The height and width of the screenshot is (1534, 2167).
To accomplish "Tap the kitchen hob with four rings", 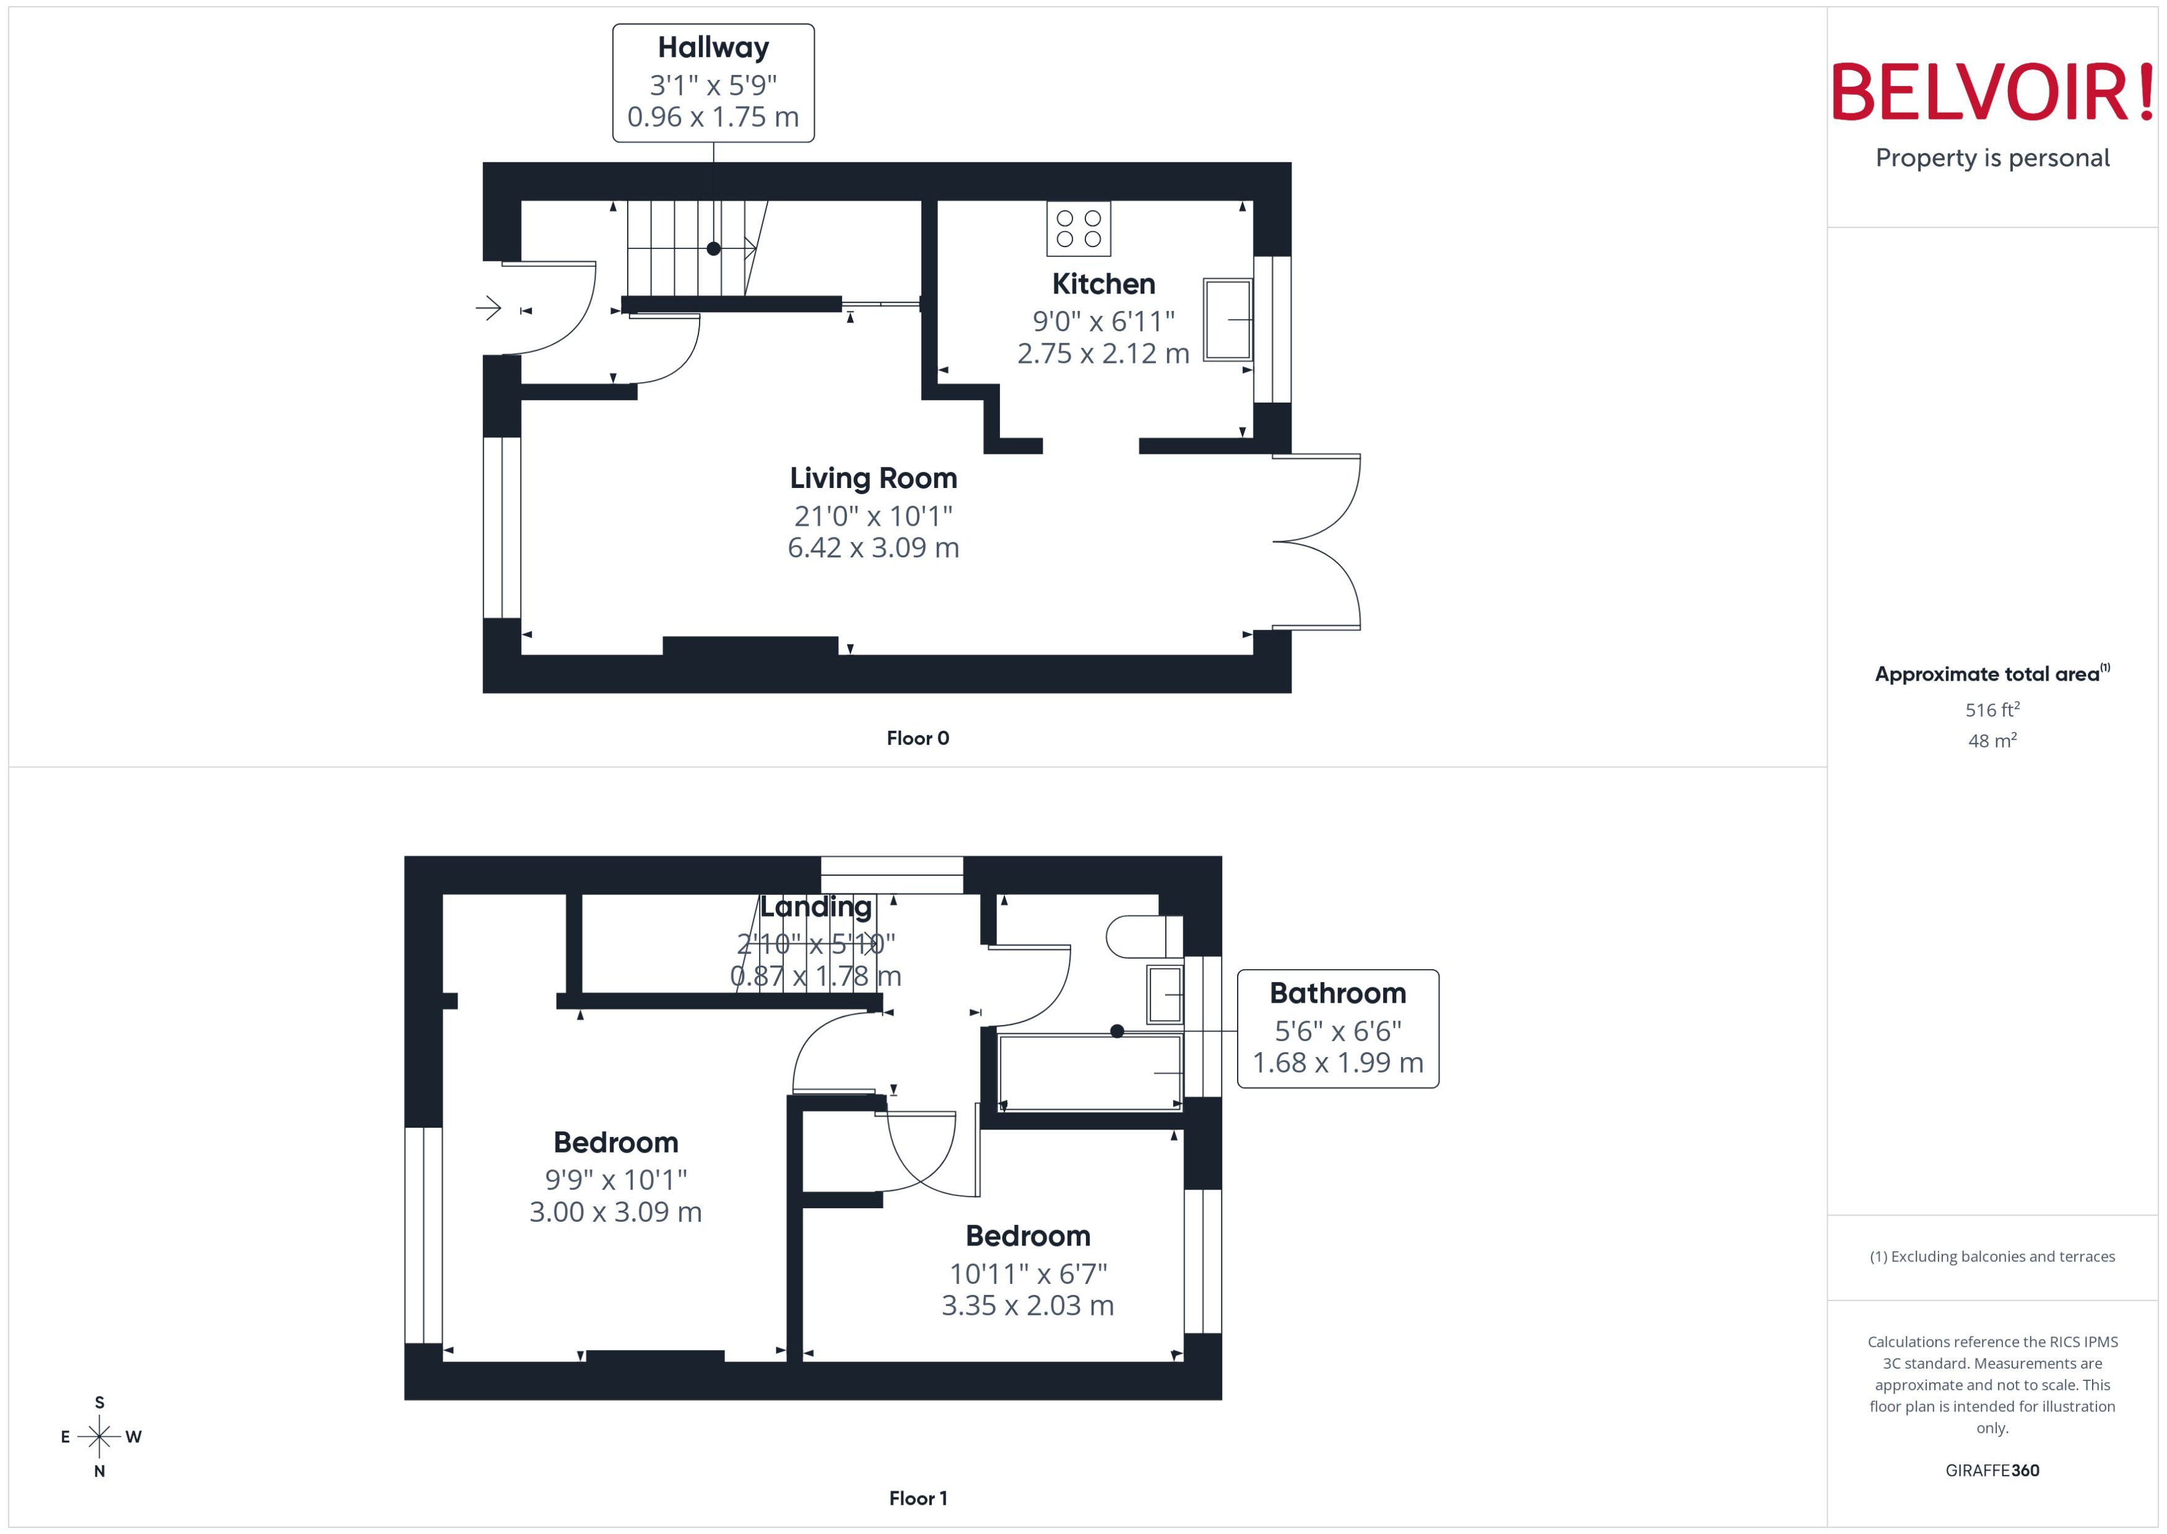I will click(1079, 229).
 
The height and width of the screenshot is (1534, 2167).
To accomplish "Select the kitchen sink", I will click(1228, 320).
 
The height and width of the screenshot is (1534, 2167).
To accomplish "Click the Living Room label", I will click(874, 479).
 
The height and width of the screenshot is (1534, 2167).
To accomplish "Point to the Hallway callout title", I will click(713, 47).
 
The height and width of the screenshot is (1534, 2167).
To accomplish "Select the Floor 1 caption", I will click(917, 1498).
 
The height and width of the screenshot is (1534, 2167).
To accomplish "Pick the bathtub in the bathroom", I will click(1090, 1072).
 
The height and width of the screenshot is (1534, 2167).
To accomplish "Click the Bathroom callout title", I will click(1337, 994).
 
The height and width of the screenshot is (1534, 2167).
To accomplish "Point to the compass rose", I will click(99, 1437).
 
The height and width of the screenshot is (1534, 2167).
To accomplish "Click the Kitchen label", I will click(1103, 284).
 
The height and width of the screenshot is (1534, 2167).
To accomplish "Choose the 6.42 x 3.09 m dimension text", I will click(874, 548).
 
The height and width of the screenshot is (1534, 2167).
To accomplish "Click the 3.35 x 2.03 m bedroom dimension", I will click(1027, 1305).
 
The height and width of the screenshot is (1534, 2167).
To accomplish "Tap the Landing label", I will click(816, 907).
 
